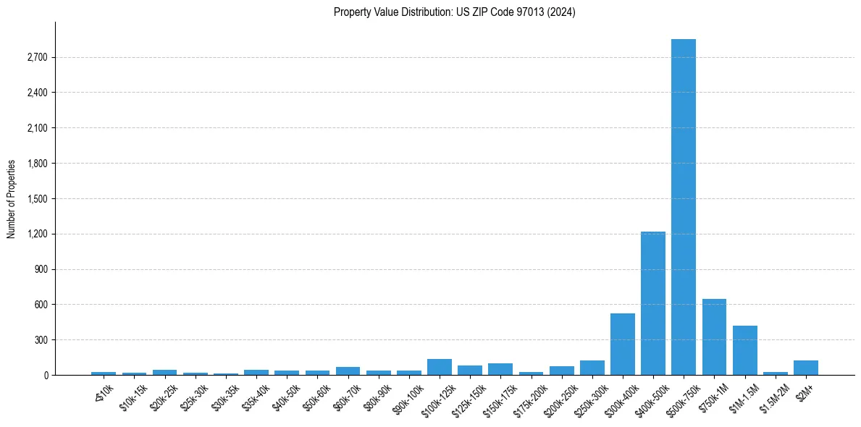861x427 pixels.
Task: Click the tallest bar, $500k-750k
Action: tap(683, 207)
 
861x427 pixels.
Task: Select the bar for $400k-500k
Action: tap(652, 303)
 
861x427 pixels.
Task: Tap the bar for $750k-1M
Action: tap(714, 337)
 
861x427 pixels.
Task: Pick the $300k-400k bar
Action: tap(622, 344)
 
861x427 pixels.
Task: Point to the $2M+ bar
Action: tap(805, 368)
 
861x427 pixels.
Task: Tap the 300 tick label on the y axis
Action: tap(41, 340)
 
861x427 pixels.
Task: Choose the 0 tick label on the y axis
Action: tap(45, 376)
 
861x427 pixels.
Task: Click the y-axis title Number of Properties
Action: tap(12, 199)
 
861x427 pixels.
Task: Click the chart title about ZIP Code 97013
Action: tap(454, 12)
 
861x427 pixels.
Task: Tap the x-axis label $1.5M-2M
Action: tap(770, 394)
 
